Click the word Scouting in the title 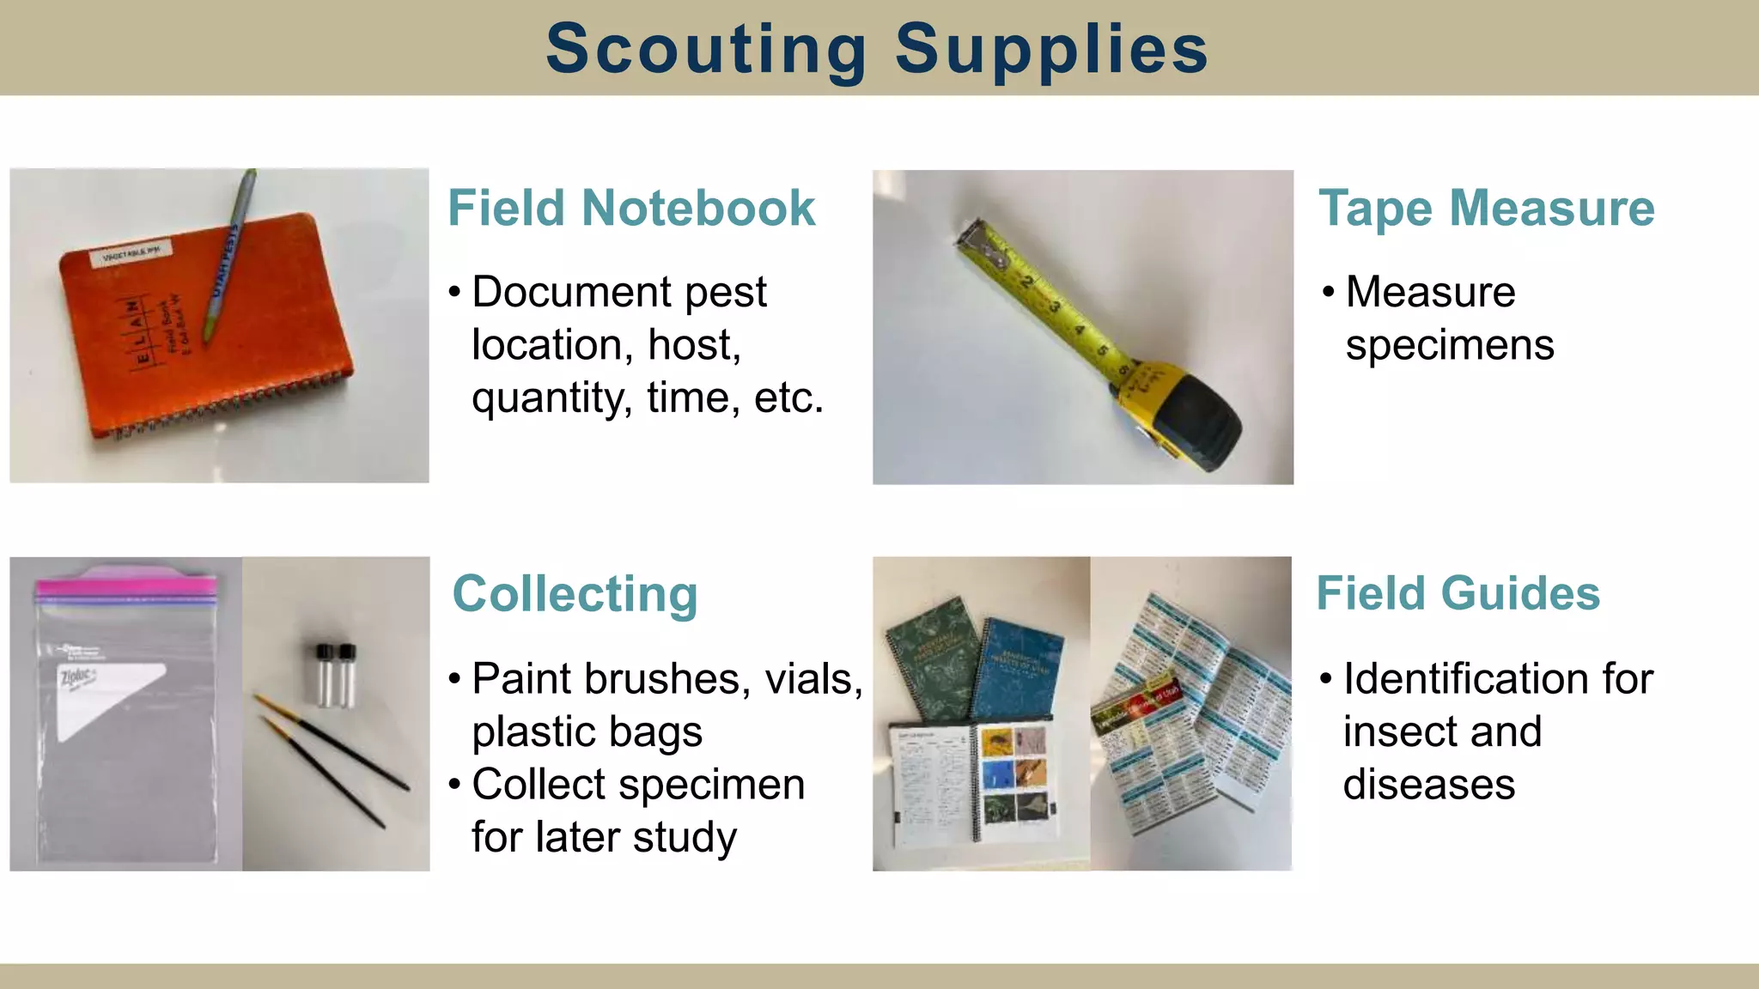(x=706, y=49)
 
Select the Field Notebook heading (x=631, y=208)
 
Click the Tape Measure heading (x=1486, y=208)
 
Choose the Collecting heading (x=575, y=594)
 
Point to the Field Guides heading (x=1458, y=593)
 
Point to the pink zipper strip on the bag (x=125, y=586)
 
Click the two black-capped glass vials (x=335, y=675)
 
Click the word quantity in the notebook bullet (x=550, y=397)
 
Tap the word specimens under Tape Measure (x=1449, y=345)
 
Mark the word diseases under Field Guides (x=1428, y=785)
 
